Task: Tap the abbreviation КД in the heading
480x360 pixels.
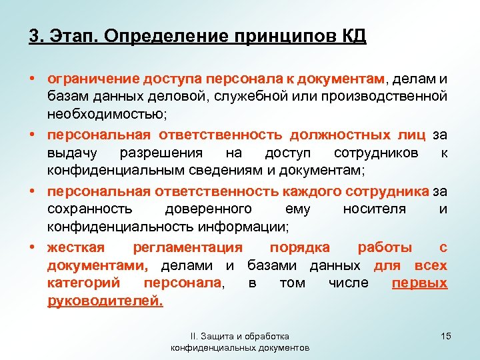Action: pyautogui.click(x=353, y=35)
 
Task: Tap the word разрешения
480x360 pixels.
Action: pyautogui.click(x=167, y=153)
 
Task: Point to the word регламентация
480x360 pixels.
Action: pyautogui.click(x=187, y=247)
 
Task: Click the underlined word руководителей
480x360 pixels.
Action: pyautogui.click(x=105, y=301)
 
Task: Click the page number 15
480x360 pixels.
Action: pyautogui.click(x=445, y=337)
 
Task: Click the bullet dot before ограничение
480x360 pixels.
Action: pyautogui.click(x=33, y=80)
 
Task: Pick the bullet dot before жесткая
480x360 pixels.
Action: pyautogui.click(x=33, y=247)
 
